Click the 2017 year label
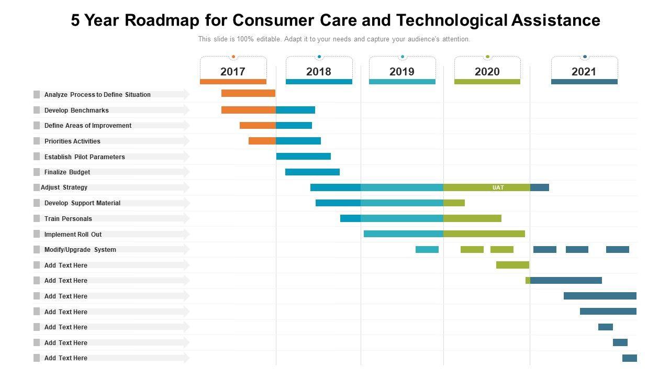tap(233, 72)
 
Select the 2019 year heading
tap(402, 72)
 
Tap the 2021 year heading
tap(584, 72)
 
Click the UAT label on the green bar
tap(498, 187)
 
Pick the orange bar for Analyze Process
tap(248, 93)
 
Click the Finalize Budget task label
tap(67, 172)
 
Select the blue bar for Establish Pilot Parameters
tap(304, 156)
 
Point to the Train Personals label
tap(68, 219)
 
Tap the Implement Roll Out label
tap(73, 235)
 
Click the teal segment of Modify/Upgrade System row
tap(427, 249)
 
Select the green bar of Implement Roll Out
tap(484, 234)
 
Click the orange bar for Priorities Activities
tap(262, 141)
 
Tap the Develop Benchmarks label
tap(76, 110)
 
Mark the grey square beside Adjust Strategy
tap(37, 187)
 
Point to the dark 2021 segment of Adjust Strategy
tap(540, 187)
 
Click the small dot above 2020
tap(488, 57)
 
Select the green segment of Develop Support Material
tap(454, 203)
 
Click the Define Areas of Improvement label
tap(88, 126)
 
